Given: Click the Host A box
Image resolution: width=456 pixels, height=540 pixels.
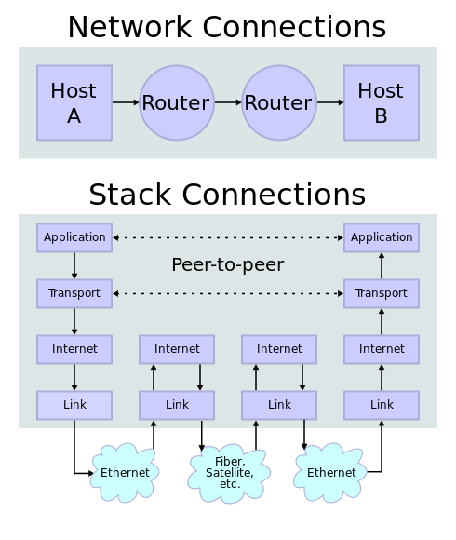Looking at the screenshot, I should [74, 102].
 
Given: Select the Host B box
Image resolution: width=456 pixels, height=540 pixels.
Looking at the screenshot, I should [382, 102].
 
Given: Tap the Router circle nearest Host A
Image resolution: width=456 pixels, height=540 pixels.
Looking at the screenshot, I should [177, 102].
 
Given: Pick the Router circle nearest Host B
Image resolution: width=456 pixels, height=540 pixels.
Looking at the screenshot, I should [279, 102].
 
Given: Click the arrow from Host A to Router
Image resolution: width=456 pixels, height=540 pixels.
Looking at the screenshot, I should [126, 102].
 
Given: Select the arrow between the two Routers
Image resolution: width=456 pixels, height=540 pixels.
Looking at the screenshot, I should [228, 102].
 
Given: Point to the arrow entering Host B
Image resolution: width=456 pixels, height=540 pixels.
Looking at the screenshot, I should [330, 102].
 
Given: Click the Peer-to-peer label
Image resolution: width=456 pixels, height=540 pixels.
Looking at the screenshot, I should [228, 265].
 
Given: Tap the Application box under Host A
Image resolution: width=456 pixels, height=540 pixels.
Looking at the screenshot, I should [74, 237].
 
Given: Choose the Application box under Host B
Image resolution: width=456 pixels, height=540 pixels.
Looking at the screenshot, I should [382, 237].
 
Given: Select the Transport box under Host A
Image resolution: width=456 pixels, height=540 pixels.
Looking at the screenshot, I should [74, 293].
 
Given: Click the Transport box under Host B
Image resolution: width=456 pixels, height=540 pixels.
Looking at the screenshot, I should [382, 293].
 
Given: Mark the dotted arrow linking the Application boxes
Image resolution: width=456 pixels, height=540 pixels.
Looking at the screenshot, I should [228, 237].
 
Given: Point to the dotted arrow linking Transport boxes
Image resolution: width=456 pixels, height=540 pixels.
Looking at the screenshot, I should [228, 293].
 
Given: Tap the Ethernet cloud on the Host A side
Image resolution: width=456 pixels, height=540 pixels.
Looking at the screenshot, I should [125, 472].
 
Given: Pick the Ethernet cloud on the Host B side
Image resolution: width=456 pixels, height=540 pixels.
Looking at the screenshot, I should [331, 472].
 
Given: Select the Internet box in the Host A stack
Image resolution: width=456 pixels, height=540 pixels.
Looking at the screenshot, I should [74, 349].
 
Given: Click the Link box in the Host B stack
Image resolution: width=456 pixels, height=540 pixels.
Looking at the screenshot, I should [382, 405].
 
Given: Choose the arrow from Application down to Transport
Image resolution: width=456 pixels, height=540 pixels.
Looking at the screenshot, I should [74, 265].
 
